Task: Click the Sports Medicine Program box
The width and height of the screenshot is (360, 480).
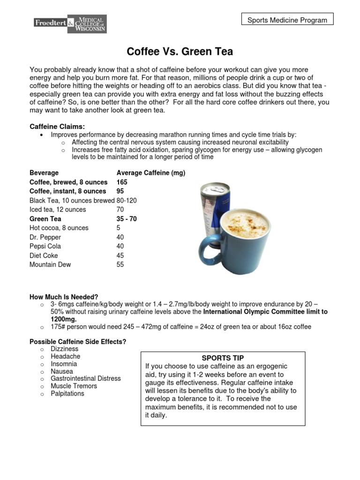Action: [287, 20]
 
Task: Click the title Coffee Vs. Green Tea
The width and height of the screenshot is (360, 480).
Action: [180, 51]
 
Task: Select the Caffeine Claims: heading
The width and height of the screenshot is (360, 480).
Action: [57, 127]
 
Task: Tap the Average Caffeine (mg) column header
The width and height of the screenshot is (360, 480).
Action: [150, 173]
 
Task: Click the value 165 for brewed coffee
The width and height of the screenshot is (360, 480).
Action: [121, 182]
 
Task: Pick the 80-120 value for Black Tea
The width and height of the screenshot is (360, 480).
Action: [127, 200]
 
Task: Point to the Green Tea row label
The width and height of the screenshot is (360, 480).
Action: [45, 219]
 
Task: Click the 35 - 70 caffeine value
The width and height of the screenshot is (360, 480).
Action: [127, 219]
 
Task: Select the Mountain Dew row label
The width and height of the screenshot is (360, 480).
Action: [50, 264]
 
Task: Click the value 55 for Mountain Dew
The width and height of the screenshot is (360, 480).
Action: [120, 264]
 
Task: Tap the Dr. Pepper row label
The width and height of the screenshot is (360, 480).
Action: [45, 237]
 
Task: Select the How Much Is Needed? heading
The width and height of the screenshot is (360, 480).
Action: [64, 297]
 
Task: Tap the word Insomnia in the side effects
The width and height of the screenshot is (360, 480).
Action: [64, 364]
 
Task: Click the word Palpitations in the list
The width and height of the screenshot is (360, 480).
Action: [67, 393]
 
